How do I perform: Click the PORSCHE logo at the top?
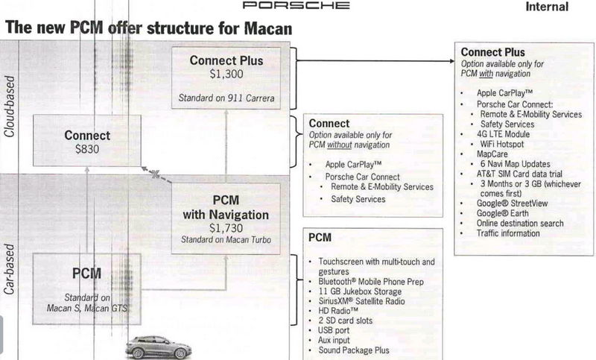click(x=296, y=5)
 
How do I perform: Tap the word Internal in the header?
click(x=547, y=7)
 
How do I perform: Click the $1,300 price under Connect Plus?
click(x=226, y=74)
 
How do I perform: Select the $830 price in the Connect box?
click(x=87, y=149)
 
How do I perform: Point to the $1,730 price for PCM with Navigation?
click(x=226, y=228)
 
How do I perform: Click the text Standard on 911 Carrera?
click(x=226, y=98)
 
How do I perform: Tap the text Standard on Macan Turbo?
click(x=226, y=240)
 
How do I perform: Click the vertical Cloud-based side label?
click(x=9, y=107)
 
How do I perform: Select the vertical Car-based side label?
click(x=9, y=269)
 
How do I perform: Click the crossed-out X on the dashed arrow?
click(x=155, y=174)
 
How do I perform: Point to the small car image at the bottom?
click(x=159, y=347)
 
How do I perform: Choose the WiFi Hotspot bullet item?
click(x=501, y=144)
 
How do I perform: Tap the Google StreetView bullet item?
click(x=512, y=203)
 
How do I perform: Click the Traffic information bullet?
click(x=508, y=233)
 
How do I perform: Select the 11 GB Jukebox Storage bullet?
click(x=360, y=291)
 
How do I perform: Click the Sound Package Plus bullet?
click(x=354, y=350)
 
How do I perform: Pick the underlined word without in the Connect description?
click(x=340, y=145)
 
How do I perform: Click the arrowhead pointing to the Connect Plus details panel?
click(x=451, y=61)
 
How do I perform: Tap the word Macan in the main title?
click(x=268, y=28)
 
